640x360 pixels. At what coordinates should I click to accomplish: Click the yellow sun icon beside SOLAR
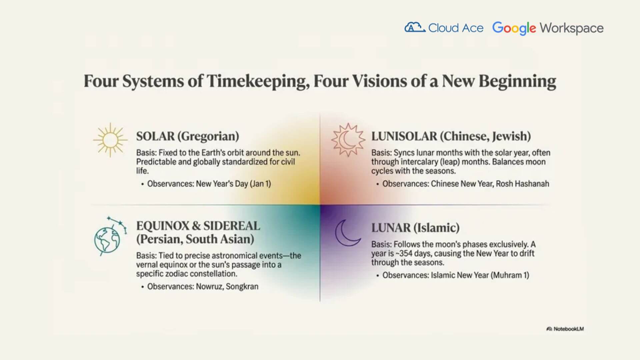click(x=110, y=140)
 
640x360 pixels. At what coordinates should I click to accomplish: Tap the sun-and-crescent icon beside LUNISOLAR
click(x=348, y=140)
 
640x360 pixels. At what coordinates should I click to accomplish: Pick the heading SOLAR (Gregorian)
click(x=188, y=136)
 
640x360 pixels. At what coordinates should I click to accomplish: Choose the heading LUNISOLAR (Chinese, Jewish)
click(x=451, y=136)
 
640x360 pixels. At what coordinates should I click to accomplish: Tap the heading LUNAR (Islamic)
click(x=415, y=228)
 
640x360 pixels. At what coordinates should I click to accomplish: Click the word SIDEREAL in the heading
click(x=232, y=226)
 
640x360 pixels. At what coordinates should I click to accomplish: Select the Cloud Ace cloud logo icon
click(x=415, y=27)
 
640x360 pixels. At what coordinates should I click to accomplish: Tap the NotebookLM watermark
click(x=565, y=329)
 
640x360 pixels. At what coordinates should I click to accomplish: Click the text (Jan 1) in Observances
click(x=260, y=184)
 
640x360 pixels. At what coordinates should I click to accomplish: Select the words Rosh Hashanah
click(x=522, y=184)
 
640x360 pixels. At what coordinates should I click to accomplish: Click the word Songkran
click(x=242, y=287)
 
